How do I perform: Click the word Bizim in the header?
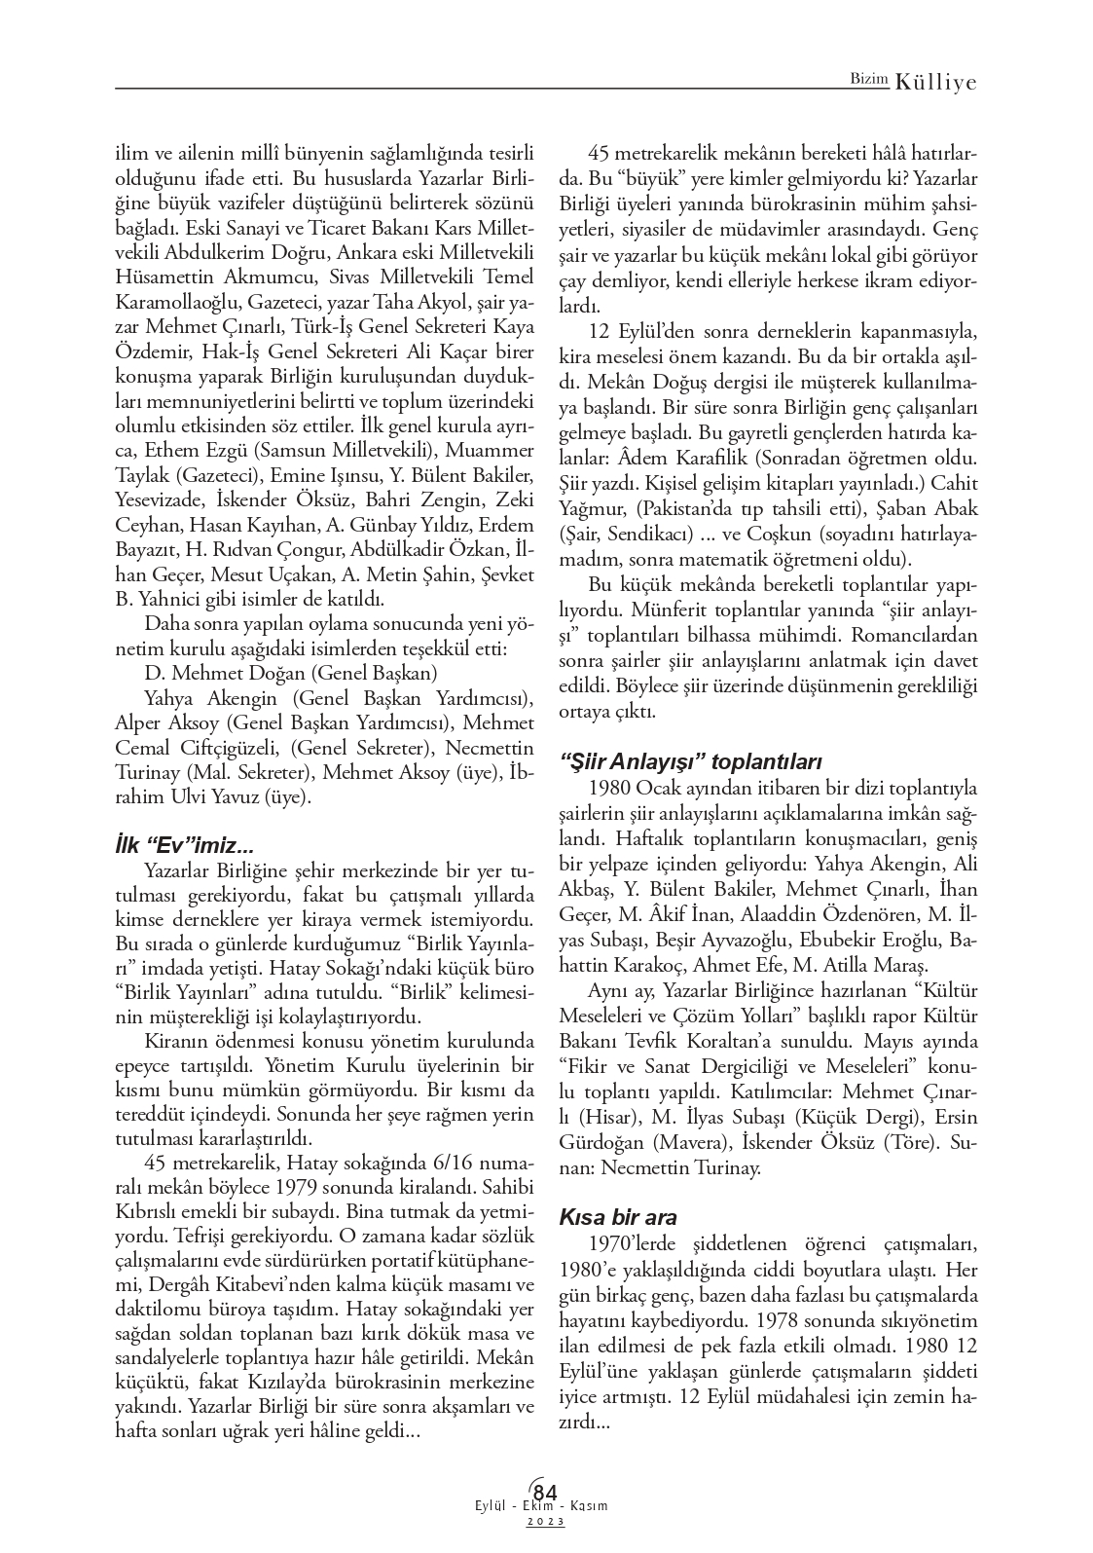(x=868, y=83)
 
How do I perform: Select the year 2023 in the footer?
(x=546, y=1521)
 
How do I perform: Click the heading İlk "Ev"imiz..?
(x=184, y=845)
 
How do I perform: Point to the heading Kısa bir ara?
(x=618, y=1217)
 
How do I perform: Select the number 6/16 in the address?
(x=435, y=1162)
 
